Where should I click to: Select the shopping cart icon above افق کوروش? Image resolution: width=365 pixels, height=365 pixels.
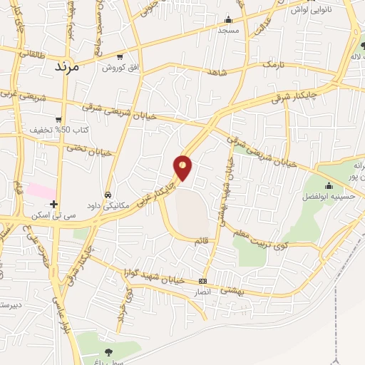pyautogui.click(x=120, y=56)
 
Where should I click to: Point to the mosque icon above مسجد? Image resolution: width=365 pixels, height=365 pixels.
pyautogui.click(x=228, y=20)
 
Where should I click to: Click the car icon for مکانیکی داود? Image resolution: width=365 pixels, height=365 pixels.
pyautogui.click(x=108, y=194)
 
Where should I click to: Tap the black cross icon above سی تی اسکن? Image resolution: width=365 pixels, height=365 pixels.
pyautogui.click(x=54, y=204)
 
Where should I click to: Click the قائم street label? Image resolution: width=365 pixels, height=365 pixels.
pyautogui.click(x=202, y=241)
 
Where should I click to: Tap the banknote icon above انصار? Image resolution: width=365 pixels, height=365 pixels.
pyautogui.click(x=203, y=281)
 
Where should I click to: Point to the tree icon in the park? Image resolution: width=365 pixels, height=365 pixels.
pyautogui.click(x=108, y=351)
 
